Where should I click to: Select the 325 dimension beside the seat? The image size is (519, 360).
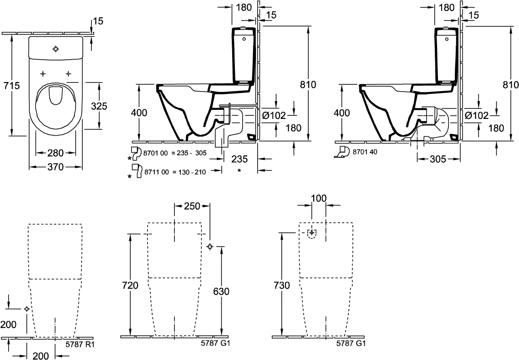[x=99, y=106]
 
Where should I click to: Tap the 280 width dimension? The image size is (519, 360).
[x=56, y=152]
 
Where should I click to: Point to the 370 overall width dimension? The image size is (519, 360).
[x=56, y=167]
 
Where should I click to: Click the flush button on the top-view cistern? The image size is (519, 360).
[x=56, y=48]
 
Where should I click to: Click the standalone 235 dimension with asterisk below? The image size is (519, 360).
[x=239, y=159]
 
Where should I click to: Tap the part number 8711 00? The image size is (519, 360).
[x=156, y=172]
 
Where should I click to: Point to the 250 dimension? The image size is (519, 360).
[x=191, y=206]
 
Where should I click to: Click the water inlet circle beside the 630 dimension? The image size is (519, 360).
[x=209, y=247]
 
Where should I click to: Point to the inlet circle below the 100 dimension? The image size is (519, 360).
[x=312, y=236]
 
